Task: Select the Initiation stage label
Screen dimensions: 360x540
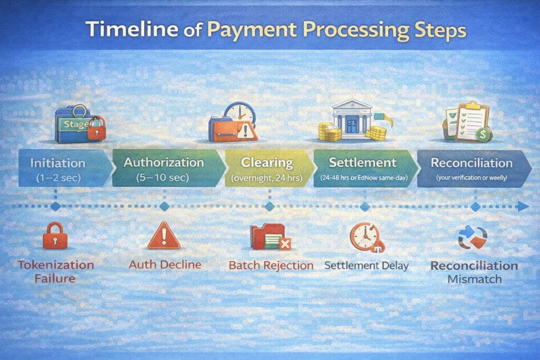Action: tap(58, 162)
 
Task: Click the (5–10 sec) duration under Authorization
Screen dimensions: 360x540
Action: tap(163, 178)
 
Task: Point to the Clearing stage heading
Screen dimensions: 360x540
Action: tap(266, 162)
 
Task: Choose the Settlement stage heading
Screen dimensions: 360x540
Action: tap(362, 162)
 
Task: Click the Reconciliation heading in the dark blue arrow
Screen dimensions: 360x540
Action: tap(471, 162)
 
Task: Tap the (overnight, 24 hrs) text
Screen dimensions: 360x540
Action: tap(266, 178)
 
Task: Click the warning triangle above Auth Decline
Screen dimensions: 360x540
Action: tap(163, 235)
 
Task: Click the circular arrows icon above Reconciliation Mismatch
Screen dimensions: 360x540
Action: tap(472, 237)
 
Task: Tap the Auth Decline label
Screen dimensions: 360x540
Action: tap(165, 264)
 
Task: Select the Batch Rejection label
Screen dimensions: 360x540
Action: tap(271, 265)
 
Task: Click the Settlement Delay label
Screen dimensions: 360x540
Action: tap(367, 265)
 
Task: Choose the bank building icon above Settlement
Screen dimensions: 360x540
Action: tap(352, 118)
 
